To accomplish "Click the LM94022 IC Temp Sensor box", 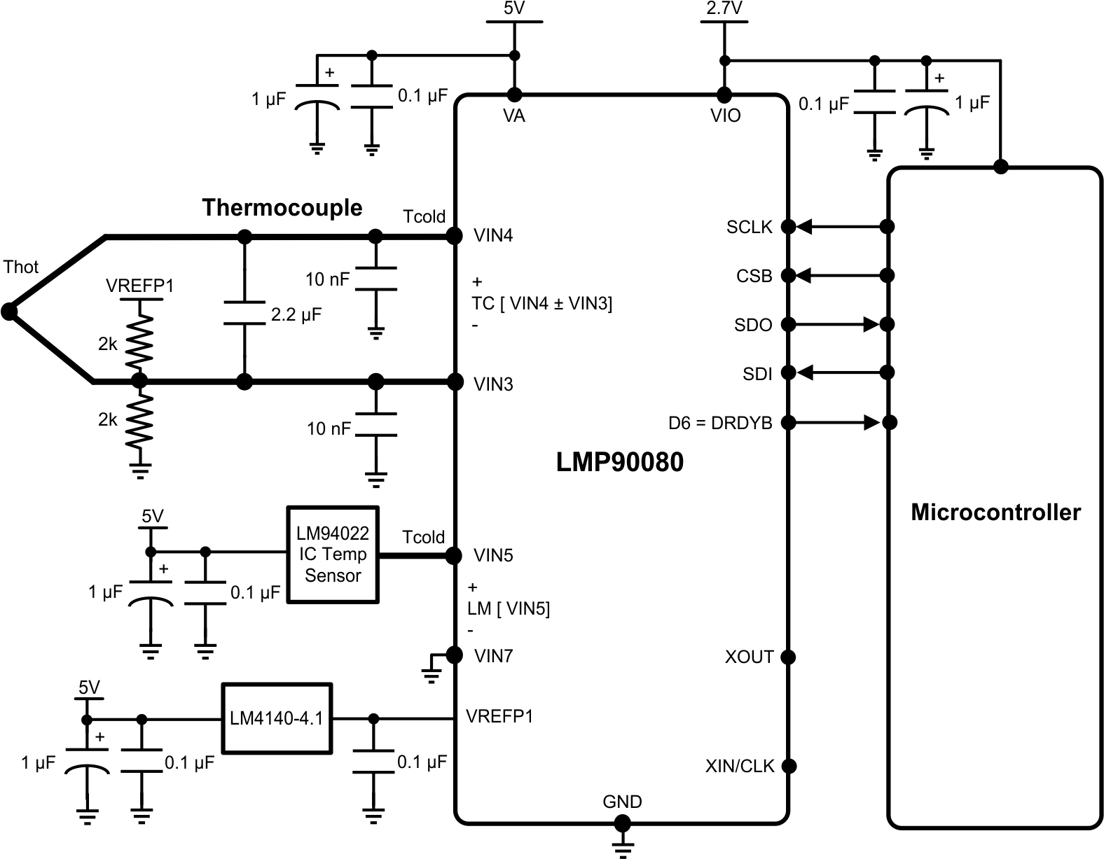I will point(333,554).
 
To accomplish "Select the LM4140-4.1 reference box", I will point(277,718).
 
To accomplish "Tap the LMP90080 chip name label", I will point(619,462).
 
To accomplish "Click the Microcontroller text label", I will point(995,512).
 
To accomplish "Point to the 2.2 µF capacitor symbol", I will point(244,313).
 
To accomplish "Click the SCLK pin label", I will point(749,228).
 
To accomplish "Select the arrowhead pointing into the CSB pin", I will point(804,275).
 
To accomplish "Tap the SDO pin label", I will point(752,326).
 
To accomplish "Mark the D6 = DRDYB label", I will point(719,424).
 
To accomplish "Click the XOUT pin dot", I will point(788,657).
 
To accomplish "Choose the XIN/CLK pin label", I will point(739,767).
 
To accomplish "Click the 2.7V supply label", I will point(724,9).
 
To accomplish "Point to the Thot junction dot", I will point(9,312).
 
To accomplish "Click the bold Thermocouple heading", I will point(282,208).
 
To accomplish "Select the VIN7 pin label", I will point(493,656).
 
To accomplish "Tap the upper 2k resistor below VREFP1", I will point(139,341).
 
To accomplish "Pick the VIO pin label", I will point(725,116).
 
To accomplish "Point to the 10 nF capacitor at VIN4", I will point(375,279).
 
